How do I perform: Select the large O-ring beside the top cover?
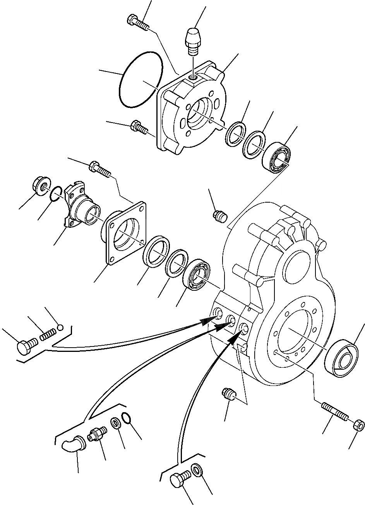pyautogui.click(x=141, y=81)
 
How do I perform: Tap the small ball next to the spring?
pyautogui.click(x=60, y=328)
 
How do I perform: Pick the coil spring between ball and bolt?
pyautogui.click(x=46, y=334)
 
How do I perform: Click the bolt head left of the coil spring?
pyautogui.click(x=27, y=345)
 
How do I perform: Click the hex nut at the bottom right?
pyautogui.click(x=359, y=425)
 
